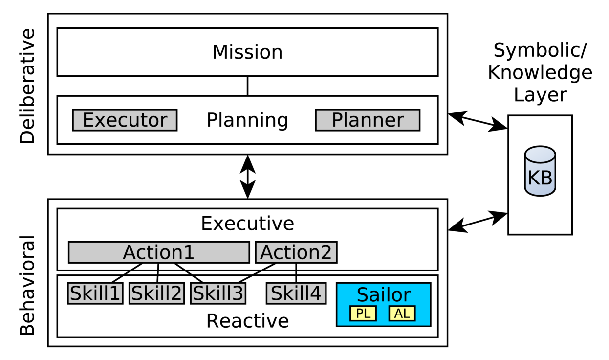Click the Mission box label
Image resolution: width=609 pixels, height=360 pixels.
point(247,52)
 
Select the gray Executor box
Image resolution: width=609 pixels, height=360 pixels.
point(125,120)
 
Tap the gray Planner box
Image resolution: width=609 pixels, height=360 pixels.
point(368,120)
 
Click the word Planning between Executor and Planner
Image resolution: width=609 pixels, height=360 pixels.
point(247,120)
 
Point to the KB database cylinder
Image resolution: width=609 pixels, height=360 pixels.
point(540,171)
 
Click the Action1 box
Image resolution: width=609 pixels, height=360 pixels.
point(158,252)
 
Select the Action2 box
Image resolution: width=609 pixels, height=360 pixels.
point(296,252)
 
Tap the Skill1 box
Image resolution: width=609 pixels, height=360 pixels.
point(95,293)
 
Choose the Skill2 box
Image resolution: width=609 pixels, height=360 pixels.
point(156,293)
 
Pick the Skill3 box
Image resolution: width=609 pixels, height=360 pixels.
point(218,293)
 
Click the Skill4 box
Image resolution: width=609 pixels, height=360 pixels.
point(296,293)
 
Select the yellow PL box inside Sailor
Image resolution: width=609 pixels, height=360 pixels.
point(363,314)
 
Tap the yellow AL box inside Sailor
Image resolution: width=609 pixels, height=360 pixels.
point(402,314)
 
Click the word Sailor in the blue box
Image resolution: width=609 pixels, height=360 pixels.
point(384,295)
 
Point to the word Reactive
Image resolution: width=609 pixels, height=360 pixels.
point(247,321)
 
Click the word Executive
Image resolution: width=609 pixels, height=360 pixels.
point(247,224)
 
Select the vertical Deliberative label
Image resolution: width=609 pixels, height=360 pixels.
point(27,86)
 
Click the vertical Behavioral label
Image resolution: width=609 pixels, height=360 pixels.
point(27,286)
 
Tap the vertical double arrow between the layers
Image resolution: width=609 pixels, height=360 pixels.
point(248,177)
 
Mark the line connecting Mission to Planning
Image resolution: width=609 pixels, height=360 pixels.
point(248,86)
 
